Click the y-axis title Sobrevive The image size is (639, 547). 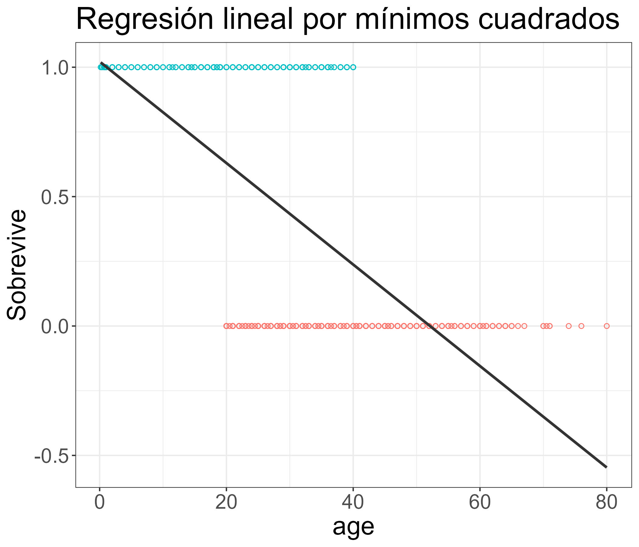tap(17, 265)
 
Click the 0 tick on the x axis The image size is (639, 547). tap(100, 503)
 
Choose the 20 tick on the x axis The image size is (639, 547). tap(226, 503)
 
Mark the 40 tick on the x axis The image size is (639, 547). tap(353, 503)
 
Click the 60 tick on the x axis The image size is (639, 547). tap(480, 503)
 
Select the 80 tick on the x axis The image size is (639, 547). tap(607, 503)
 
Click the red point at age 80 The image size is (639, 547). tap(607, 326)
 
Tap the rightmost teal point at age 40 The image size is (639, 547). tap(353, 67)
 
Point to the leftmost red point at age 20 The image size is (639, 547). tap(226, 326)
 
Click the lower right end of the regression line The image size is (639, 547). tap(606, 467)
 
